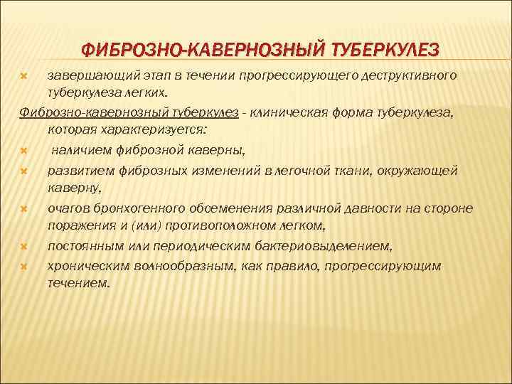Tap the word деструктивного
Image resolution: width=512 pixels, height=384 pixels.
[409, 75]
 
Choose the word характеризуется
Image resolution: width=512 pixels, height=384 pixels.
[146, 130]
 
